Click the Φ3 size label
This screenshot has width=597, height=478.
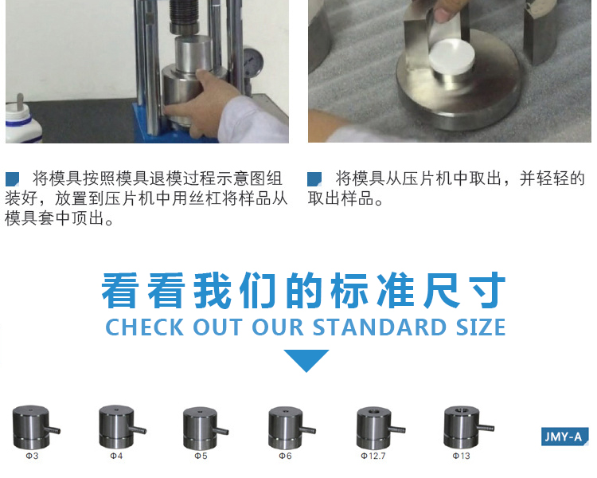tap(32, 456)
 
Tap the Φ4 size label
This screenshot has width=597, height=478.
tap(116, 456)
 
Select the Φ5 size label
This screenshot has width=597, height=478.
tap(201, 456)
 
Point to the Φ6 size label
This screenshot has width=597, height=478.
tap(285, 456)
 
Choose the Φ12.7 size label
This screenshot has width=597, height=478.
tap(373, 456)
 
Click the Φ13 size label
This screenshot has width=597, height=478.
tap(462, 456)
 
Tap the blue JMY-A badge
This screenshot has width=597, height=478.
tap(564, 437)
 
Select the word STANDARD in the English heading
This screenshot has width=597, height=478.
tap(380, 327)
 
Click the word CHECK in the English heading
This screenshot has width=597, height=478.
tap(145, 327)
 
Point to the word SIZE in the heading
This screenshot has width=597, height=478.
tap(481, 327)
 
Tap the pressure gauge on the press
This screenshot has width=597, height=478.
tap(252, 62)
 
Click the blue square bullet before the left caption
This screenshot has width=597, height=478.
tap(12, 179)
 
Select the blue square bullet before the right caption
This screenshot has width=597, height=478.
tap(314, 179)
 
